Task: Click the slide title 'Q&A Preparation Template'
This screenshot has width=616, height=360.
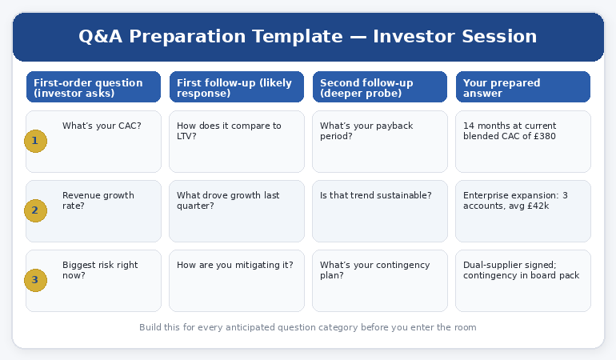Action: point(307,37)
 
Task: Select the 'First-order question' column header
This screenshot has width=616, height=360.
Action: point(94,87)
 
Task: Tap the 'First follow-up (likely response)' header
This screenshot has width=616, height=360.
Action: point(237,87)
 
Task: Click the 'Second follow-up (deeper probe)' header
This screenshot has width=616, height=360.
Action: point(380,87)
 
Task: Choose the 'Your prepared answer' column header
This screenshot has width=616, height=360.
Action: point(523,87)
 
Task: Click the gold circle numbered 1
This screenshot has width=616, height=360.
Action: point(35,142)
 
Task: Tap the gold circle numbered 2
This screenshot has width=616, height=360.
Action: point(35,211)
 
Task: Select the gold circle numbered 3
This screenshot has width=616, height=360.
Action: point(35,280)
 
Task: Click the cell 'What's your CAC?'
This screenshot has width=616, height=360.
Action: point(102,126)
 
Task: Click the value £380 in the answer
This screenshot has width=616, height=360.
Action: point(546,137)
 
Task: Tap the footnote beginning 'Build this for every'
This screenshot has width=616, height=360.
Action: point(307,327)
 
